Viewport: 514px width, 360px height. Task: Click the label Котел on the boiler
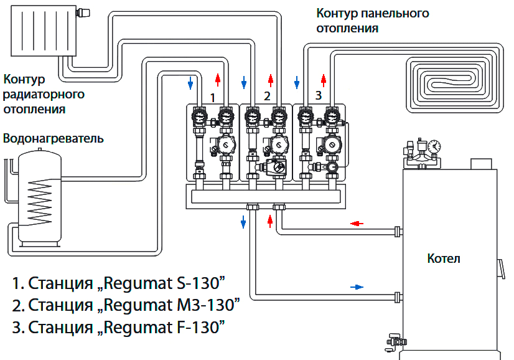(444, 258)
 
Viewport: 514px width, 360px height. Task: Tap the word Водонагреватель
(54, 138)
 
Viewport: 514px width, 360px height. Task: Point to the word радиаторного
(44, 94)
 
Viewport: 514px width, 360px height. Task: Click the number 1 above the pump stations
(213, 97)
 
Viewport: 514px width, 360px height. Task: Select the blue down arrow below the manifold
(243, 222)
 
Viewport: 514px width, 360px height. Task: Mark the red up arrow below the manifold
(269, 222)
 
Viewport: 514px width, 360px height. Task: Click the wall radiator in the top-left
(41, 31)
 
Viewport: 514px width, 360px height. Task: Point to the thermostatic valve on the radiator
(82, 11)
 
